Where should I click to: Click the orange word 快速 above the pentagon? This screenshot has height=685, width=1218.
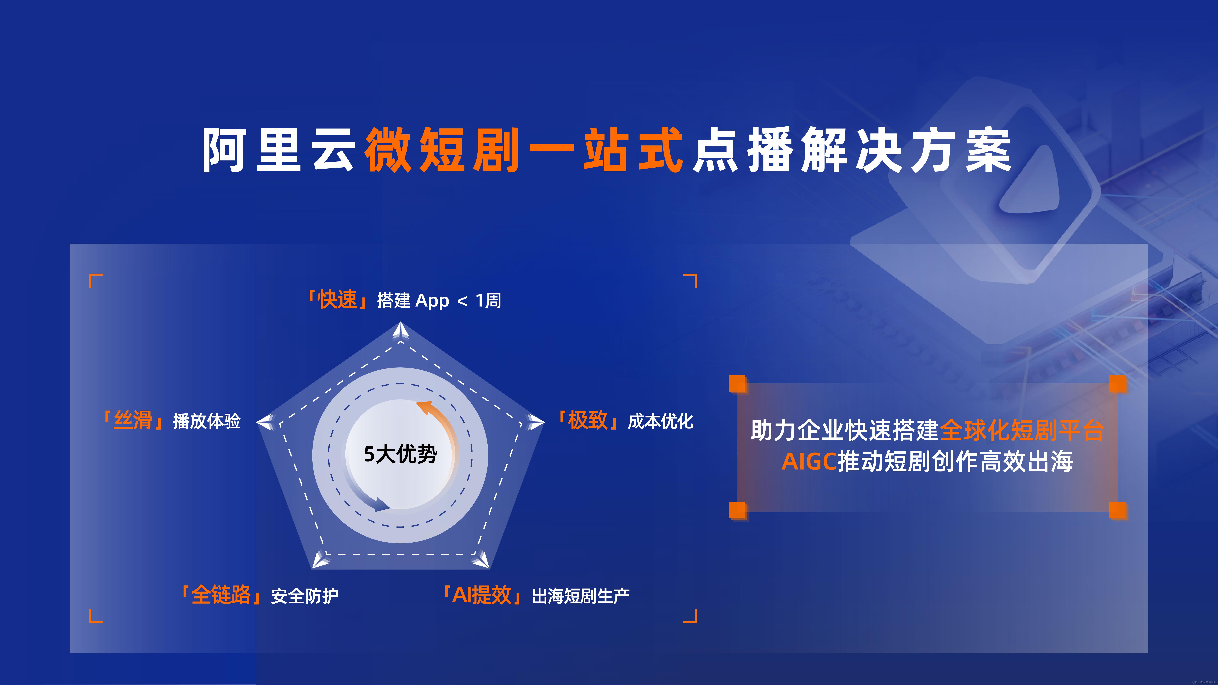[337, 300]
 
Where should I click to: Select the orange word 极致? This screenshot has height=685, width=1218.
[588, 420]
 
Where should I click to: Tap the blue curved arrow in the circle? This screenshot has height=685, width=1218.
[364, 496]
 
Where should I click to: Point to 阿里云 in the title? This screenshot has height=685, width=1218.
[279, 150]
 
